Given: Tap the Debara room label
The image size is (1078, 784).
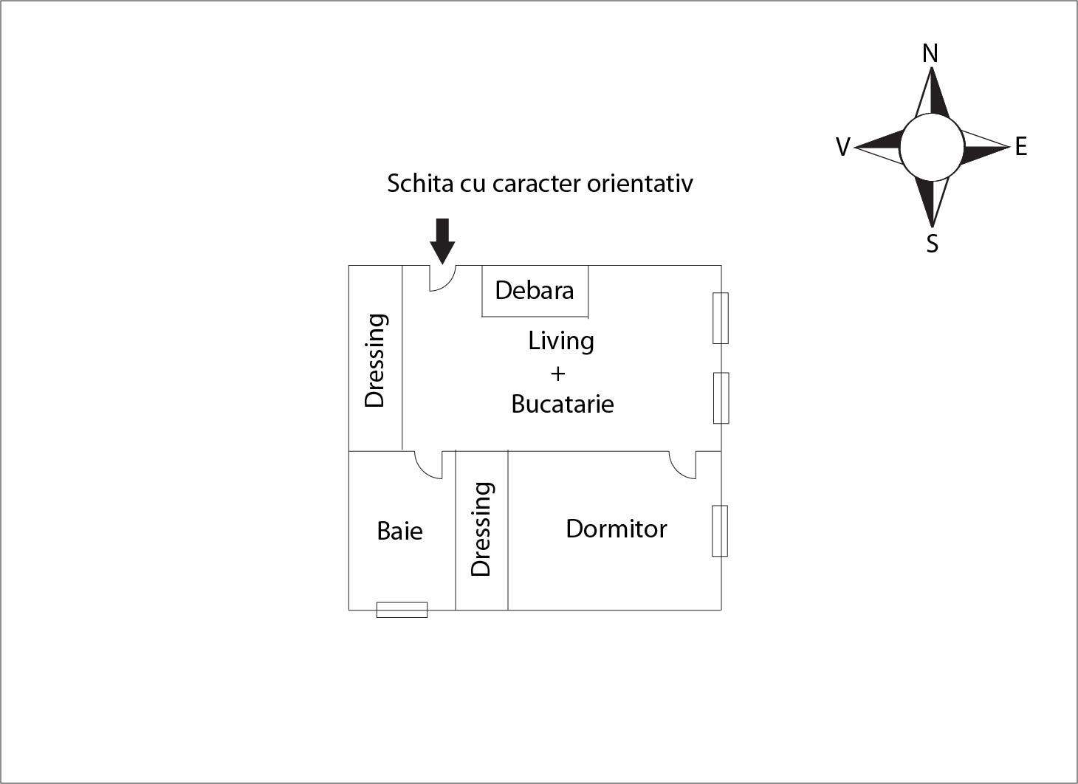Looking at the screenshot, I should pyautogui.click(x=534, y=290).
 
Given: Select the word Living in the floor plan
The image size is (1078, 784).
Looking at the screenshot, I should pyautogui.click(x=561, y=341).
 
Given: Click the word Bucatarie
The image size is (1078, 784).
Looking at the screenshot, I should pyautogui.click(x=562, y=404).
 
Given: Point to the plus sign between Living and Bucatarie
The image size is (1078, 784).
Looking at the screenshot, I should pyautogui.click(x=557, y=374).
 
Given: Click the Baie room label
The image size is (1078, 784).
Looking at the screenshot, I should pyautogui.click(x=399, y=531).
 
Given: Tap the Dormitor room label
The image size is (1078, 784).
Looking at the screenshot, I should pyautogui.click(x=616, y=529).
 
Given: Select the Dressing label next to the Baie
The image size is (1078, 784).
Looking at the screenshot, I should pyautogui.click(x=481, y=529).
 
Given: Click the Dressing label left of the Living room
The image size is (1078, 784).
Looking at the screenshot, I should pyautogui.click(x=375, y=360).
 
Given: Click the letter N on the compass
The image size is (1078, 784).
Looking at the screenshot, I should pyautogui.click(x=930, y=54).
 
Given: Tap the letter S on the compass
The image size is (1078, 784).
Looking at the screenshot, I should pyautogui.click(x=932, y=244).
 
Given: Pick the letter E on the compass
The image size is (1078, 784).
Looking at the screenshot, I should pyautogui.click(x=1020, y=147).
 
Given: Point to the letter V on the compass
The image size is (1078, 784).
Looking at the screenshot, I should pyautogui.click(x=842, y=148).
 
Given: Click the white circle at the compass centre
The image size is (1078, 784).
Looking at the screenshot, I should pyautogui.click(x=932, y=148).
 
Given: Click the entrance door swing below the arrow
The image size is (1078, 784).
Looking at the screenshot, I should pyautogui.click(x=442, y=278).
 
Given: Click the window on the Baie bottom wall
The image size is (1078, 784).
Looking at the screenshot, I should pyautogui.click(x=402, y=610).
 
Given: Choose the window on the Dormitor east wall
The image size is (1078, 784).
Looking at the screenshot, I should pyautogui.click(x=720, y=531).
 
